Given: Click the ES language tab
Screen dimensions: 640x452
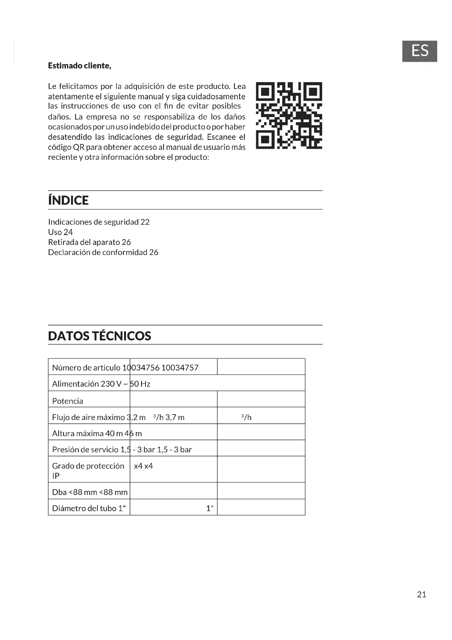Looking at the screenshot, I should [x=419, y=51].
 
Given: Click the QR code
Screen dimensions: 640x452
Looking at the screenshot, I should [x=289, y=115].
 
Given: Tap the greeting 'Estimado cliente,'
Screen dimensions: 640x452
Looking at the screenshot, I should [x=80, y=66].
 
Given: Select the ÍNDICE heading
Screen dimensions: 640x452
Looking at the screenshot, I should [x=69, y=200].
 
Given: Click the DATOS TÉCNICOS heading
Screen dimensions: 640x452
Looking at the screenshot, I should [x=100, y=336].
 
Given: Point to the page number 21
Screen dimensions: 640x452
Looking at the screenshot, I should [x=422, y=595].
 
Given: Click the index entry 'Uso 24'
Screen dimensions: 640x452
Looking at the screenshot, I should [x=60, y=232].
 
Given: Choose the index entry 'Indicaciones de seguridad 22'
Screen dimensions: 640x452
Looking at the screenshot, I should [x=99, y=222].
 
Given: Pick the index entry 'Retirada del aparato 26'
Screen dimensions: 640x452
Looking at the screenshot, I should [x=89, y=242].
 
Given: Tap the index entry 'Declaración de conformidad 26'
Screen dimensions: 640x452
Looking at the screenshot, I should [x=103, y=253].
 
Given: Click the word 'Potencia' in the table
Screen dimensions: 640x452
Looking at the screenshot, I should [x=67, y=401].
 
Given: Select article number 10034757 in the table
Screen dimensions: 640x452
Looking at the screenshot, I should [x=180, y=368].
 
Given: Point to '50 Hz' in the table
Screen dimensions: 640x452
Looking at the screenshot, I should [x=140, y=384].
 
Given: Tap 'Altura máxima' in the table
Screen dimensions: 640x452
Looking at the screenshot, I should [x=78, y=433].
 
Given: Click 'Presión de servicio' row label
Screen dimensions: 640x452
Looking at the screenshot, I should [x=85, y=450].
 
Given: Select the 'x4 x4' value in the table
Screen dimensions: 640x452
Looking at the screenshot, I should [x=143, y=466].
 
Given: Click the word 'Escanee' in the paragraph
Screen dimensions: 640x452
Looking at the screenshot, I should [x=222, y=137].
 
